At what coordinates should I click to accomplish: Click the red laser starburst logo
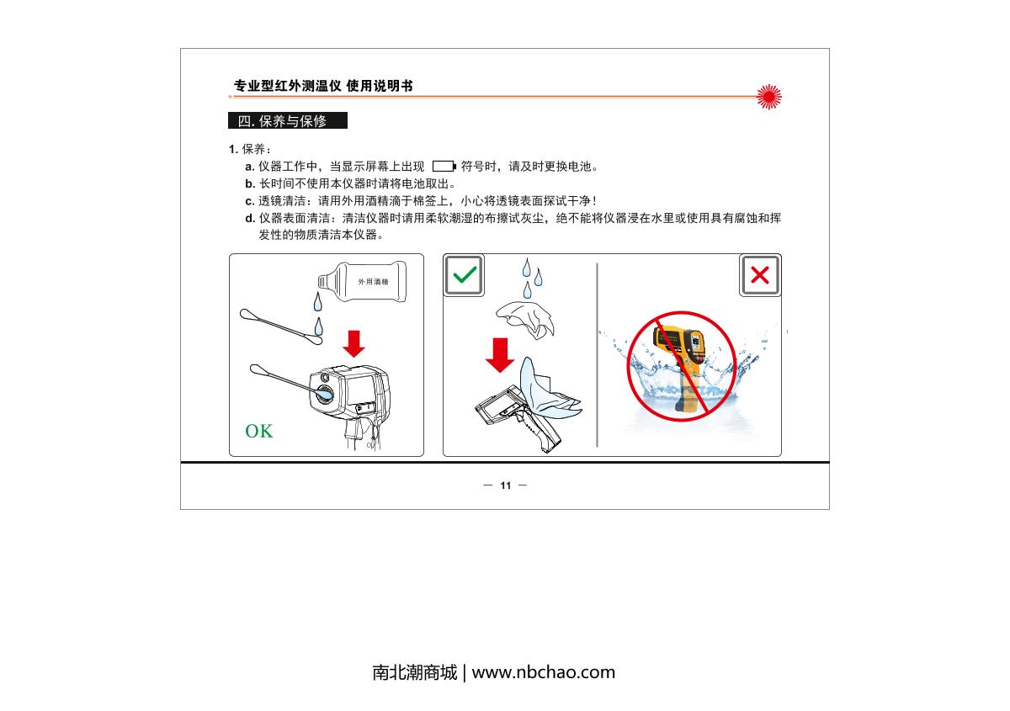[768, 97]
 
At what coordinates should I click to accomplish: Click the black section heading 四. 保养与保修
[288, 120]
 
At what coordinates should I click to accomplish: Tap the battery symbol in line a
[444, 167]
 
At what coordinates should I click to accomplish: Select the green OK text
[259, 431]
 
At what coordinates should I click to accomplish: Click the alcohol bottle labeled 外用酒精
[362, 282]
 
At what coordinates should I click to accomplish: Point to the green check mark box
[464, 275]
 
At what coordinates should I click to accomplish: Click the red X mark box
[760, 275]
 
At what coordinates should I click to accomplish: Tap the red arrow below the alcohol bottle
[353, 343]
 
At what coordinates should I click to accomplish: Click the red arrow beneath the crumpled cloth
[500, 355]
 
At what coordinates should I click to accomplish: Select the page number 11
[506, 485]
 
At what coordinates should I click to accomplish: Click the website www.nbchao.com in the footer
[544, 672]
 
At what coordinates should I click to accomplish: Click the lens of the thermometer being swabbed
[324, 394]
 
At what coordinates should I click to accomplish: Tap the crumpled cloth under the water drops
[526, 319]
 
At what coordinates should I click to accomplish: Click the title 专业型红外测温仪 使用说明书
[323, 86]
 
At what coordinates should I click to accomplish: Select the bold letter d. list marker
[250, 219]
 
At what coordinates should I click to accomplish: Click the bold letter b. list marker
[250, 184]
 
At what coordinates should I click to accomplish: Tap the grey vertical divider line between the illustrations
[597, 355]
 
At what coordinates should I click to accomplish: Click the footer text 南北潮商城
[414, 672]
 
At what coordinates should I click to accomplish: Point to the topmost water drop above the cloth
[527, 268]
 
